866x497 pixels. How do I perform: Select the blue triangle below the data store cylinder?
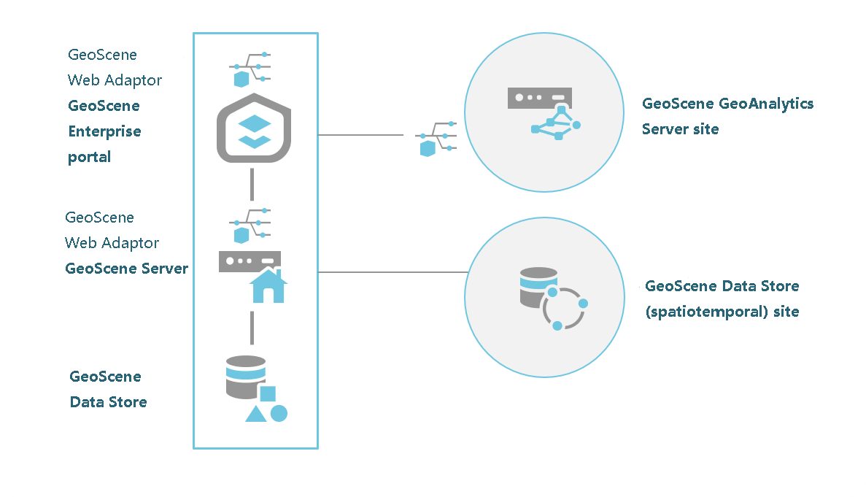pos(255,414)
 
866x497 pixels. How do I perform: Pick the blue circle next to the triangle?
pos(279,413)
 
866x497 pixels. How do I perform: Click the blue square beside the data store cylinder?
pos(268,393)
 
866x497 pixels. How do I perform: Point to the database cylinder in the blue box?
pos(245,377)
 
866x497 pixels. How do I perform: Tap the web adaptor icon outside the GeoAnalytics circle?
pos(436,139)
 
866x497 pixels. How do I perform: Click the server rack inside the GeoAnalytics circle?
pos(539,98)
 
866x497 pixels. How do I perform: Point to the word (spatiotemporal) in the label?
pos(692,312)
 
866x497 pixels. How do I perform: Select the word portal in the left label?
pos(89,158)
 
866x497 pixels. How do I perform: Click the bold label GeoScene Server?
pos(126,269)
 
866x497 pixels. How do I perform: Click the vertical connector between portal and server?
pos(252,184)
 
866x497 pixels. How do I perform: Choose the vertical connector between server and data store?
pos(252,328)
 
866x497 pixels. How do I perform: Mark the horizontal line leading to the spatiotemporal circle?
pos(392,272)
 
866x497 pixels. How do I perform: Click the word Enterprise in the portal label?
pos(104,132)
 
